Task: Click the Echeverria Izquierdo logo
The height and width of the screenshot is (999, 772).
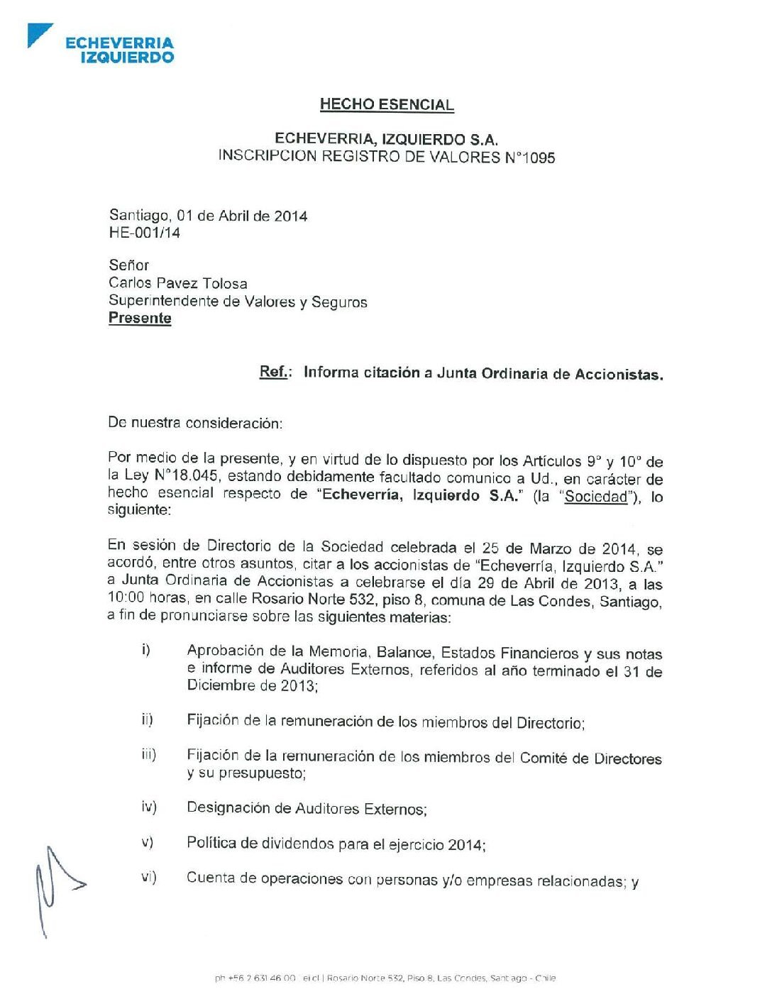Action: click(101, 45)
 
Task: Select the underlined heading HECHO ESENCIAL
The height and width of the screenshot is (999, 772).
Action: click(387, 104)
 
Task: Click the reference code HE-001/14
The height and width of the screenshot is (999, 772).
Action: click(144, 233)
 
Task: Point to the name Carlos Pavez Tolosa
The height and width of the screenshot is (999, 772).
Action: click(178, 283)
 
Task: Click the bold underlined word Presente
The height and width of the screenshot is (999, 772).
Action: click(140, 318)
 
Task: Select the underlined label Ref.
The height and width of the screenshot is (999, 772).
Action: click(274, 372)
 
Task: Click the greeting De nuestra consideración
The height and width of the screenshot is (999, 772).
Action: click(195, 423)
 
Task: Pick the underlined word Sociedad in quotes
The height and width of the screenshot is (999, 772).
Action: click(596, 497)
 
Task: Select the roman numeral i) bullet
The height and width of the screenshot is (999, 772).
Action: click(146, 650)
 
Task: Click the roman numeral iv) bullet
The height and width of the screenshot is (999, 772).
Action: click(148, 807)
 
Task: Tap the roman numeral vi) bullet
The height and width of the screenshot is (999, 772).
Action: click(148, 877)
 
